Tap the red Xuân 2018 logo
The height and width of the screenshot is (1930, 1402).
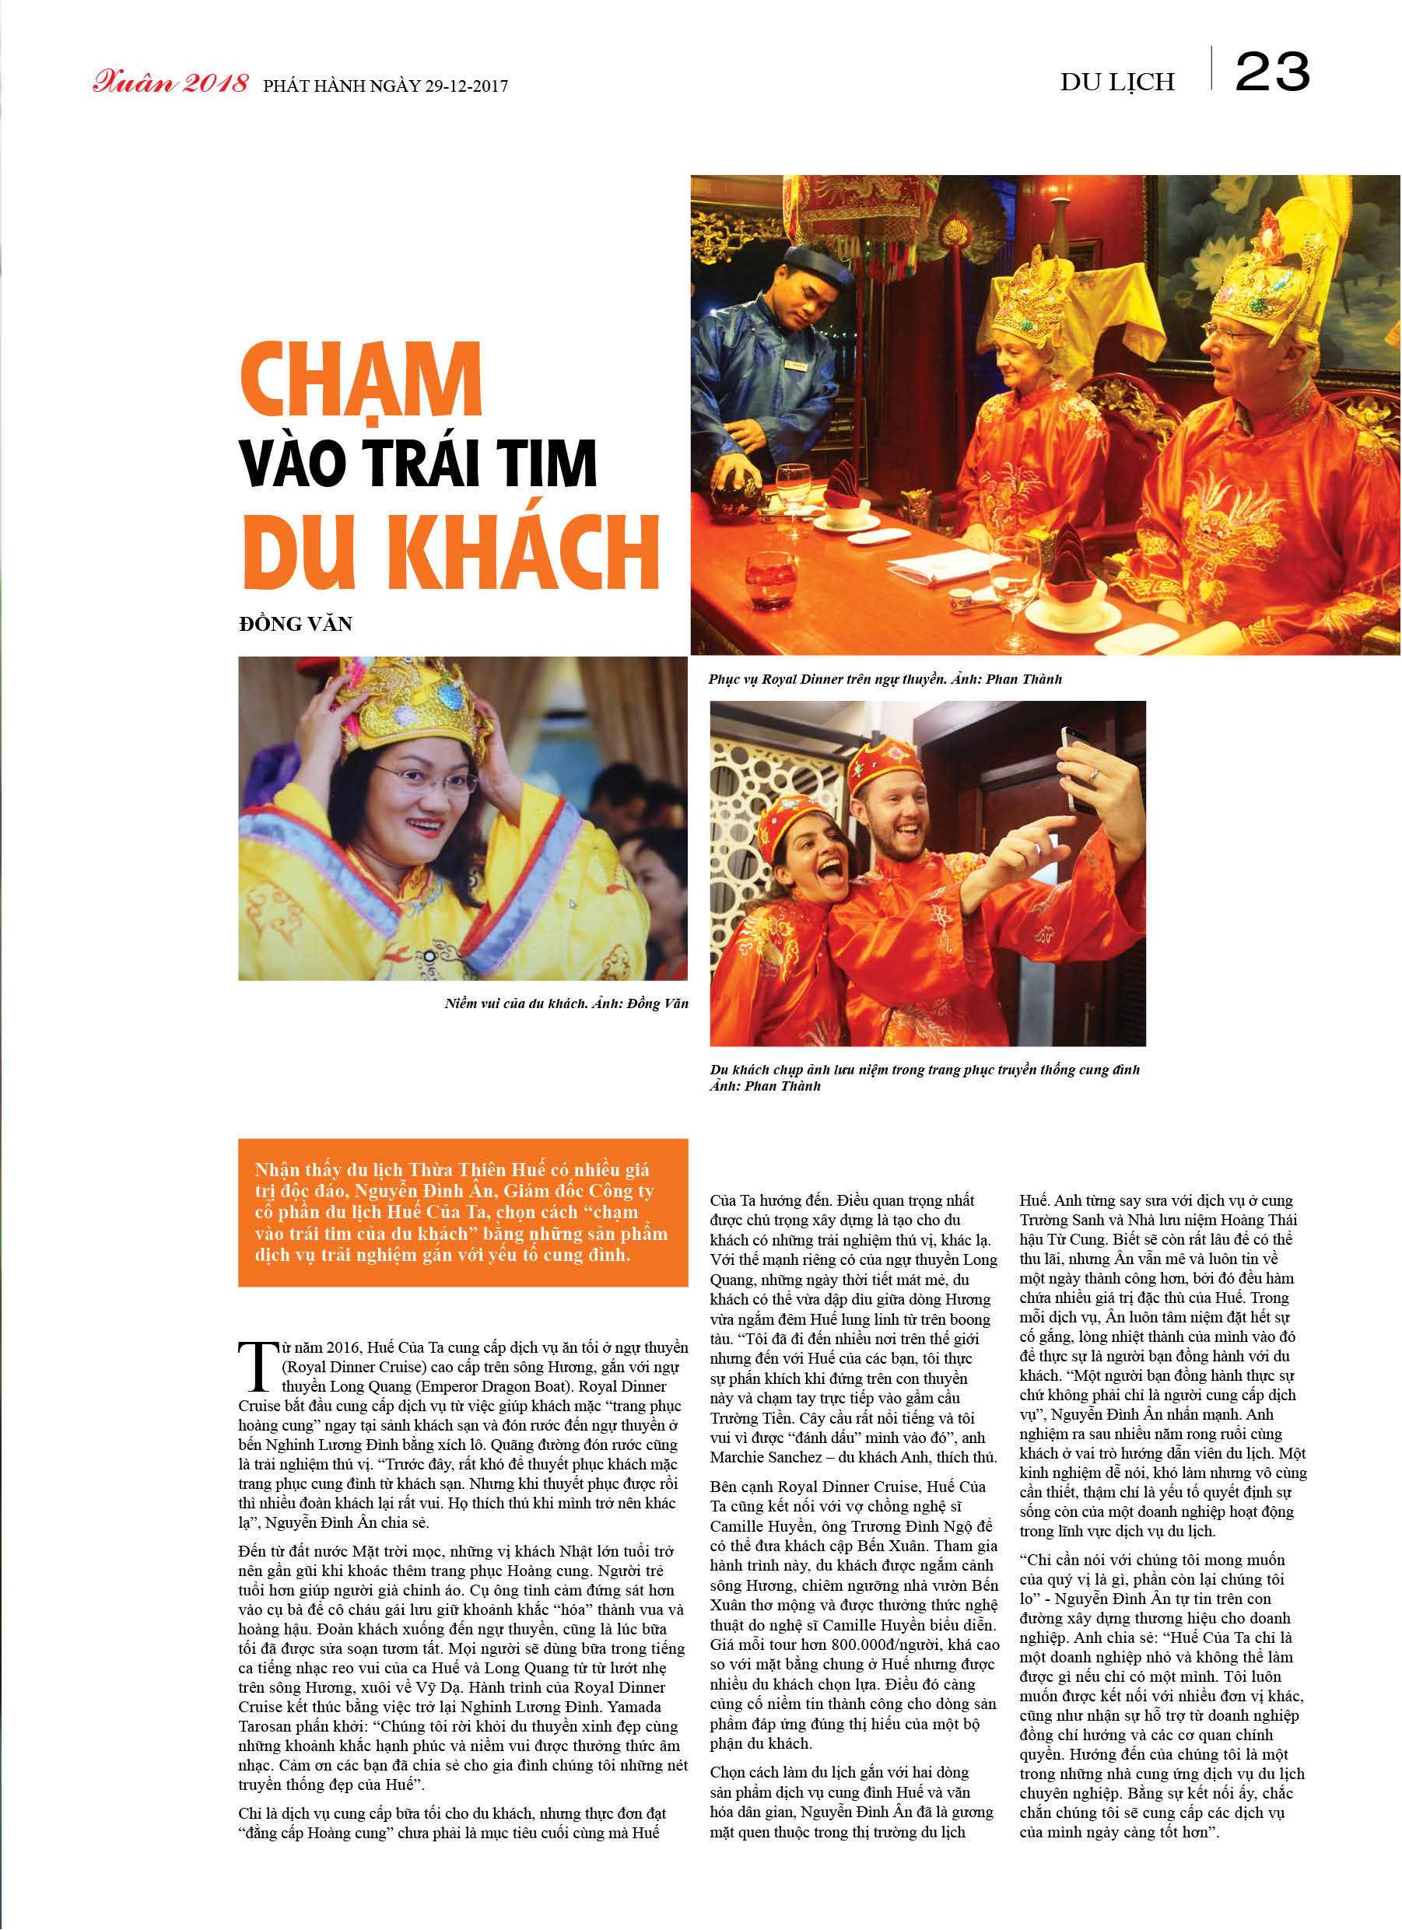[170, 82]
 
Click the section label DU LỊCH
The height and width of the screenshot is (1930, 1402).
[1116, 82]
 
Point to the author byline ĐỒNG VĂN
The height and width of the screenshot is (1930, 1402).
[296, 624]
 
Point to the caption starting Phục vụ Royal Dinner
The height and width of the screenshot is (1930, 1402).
[885, 679]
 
